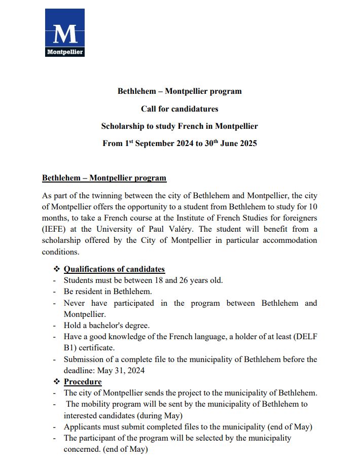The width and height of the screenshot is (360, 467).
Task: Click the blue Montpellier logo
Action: pyautogui.click(x=64, y=33)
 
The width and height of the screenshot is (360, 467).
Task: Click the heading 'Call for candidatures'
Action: pyautogui.click(x=179, y=109)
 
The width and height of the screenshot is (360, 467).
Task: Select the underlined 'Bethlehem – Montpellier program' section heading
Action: pyautogui.click(x=104, y=178)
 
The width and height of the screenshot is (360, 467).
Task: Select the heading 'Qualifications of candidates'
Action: pyautogui.click(x=114, y=269)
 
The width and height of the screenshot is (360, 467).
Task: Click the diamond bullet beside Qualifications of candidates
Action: pyautogui.click(x=57, y=269)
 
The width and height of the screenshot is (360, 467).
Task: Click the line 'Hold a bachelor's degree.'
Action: pyautogui.click(x=106, y=325)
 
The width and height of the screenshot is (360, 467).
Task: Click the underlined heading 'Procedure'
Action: pyautogui.click(x=83, y=381)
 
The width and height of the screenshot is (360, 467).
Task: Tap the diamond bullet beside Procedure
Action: pyautogui.click(x=57, y=381)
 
